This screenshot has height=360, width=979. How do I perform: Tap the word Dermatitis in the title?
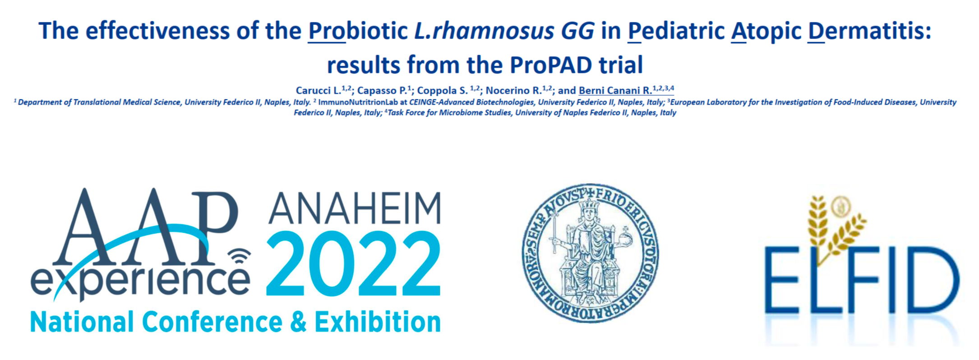point(869,31)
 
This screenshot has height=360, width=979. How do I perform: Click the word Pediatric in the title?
point(676,31)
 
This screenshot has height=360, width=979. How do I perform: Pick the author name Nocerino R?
point(513,90)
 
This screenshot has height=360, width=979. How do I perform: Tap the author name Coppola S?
point(443,90)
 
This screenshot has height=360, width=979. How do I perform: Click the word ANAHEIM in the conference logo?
point(355,208)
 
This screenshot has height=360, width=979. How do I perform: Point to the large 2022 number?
point(354,264)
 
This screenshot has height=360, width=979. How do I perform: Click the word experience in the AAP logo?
point(140,281)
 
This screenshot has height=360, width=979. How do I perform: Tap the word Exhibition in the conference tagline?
point(378,322)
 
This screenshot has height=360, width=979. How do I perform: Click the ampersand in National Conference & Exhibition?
point(298,322)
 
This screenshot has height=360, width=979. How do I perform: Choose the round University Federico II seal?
point(591,253)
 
